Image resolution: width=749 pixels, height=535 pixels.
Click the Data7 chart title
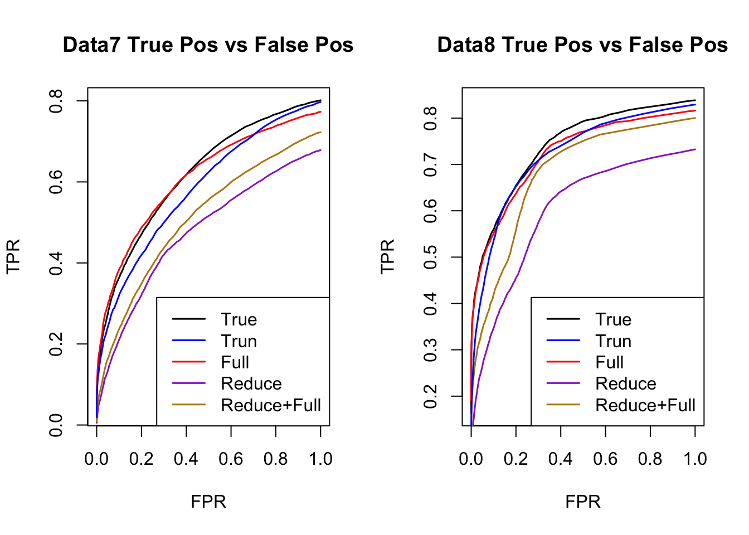point(208,45)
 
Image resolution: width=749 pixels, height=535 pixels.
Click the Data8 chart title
point(582,45)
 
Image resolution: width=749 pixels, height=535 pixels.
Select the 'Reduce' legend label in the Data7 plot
point(251,383)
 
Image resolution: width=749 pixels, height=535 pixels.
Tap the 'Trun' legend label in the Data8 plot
point(613,341)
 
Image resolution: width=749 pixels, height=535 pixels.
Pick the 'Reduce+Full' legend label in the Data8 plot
point(645,405)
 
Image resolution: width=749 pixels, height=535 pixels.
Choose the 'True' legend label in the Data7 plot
point(239,319)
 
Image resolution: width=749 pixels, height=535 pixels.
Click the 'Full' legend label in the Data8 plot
point(609,362)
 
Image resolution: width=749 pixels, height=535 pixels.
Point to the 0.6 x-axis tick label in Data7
point(231,459)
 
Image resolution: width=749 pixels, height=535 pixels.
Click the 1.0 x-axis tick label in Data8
point(695,459)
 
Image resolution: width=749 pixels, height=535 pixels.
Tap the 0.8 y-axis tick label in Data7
point(56,101)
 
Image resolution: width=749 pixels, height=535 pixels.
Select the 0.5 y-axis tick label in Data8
point(431,257)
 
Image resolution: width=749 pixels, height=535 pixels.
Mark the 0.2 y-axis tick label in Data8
point(431,396)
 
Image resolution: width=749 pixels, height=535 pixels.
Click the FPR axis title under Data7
point(208,502)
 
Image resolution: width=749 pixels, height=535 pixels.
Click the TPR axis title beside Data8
point(387,256)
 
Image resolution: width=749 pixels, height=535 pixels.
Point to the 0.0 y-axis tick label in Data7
point(56,425)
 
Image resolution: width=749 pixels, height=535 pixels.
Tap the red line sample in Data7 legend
point(189,362)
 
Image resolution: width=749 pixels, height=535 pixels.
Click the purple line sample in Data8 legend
point(563,383)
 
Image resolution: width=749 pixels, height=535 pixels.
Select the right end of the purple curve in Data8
point(695,149)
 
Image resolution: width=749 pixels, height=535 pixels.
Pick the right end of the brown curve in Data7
point(320,132)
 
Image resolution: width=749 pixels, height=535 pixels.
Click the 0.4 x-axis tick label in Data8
point(561,459)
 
